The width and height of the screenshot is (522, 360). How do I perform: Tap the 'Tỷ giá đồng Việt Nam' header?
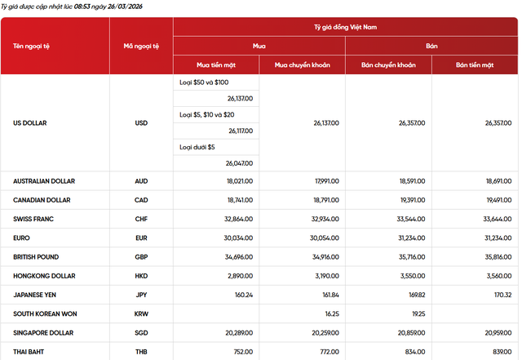pos(346,27)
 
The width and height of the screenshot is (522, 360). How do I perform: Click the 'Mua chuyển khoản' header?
pos(302,64)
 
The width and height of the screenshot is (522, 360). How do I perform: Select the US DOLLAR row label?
pos(30,123)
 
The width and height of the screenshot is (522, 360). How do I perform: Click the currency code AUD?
pos(141,181)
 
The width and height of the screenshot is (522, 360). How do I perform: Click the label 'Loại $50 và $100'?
pos(204,82)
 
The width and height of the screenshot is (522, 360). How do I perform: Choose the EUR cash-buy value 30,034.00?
pos(238,238)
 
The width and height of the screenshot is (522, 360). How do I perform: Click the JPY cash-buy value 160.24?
pos(243,295)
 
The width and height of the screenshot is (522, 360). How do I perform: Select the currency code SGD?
pos(141,332)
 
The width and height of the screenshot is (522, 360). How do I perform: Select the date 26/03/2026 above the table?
pos(120,6)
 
